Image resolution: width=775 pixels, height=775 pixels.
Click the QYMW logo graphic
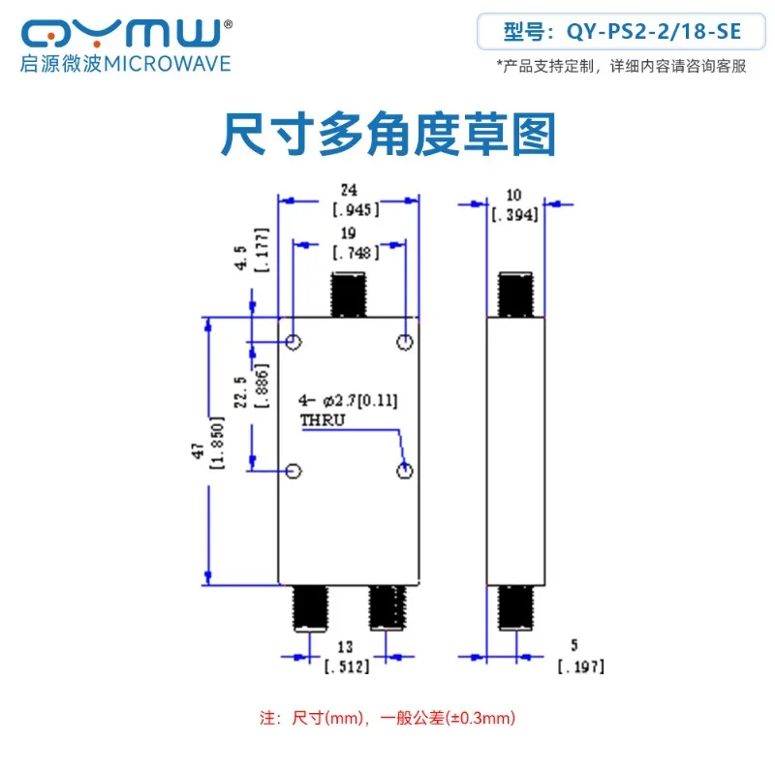(x=121, y=33)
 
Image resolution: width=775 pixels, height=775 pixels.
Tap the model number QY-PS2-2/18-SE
(x=653, y=32)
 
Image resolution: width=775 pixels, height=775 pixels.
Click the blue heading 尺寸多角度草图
(x=388, y=134)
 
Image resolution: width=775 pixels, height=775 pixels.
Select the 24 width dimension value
(x=349, y=190)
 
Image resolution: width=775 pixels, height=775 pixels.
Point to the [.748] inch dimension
(x=356, y=253)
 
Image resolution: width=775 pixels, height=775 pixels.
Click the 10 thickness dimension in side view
(x=514, y=195)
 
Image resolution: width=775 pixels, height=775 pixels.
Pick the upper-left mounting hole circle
(x=294, y=342)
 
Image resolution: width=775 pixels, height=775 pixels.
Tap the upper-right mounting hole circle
(x=405, y=342)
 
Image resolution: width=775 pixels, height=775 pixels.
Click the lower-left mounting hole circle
(x=294, y=471)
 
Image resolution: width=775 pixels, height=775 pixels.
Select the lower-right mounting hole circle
(x=405, y=471)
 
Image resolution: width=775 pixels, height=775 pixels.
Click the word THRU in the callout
(x=323, y=420)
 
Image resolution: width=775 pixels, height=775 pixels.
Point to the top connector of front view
(x=349, y=294)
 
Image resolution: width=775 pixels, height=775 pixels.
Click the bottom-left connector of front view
(x=310, y=608)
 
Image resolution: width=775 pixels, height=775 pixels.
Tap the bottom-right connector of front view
(x=388, y=608)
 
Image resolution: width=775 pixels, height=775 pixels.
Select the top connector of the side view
(x=515, y=294)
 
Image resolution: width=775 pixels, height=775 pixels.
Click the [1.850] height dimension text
(x=217, y=444)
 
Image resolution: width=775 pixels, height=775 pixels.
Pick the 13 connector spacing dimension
(x=346, y=647)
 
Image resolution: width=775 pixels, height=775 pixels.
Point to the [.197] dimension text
(x=581, y=666)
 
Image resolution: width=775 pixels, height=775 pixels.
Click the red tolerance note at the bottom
(x=387, y=718)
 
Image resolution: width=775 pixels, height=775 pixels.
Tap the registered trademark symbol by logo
(x=228, y=23)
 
